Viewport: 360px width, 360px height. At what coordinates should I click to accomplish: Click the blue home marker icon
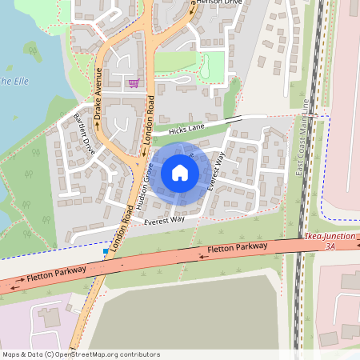pos(179,172)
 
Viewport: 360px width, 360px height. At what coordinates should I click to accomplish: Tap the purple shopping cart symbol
pos(133,82)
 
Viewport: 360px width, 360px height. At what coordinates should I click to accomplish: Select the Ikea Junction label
pos(330,238)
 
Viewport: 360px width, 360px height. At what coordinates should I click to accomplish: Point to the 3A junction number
pos(330,248)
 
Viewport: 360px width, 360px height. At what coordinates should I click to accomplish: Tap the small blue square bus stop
pos(105,251)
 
